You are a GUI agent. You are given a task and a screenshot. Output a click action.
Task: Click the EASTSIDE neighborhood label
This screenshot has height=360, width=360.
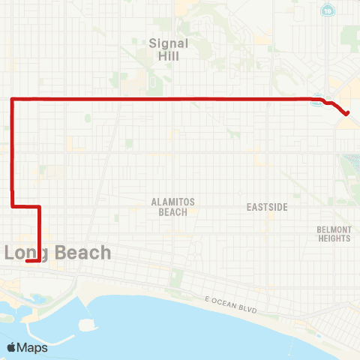(266, 207)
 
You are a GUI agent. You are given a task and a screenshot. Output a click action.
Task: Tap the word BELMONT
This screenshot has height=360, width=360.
(334, 229)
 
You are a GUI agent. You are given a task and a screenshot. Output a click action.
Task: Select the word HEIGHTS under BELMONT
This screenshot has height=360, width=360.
(334, 238)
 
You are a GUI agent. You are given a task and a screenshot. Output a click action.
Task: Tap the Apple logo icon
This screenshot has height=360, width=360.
(12, 347)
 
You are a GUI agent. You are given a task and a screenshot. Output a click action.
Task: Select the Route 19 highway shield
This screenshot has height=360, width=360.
(327, 10)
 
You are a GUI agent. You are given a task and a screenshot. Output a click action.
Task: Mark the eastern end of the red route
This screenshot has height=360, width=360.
(347, 114)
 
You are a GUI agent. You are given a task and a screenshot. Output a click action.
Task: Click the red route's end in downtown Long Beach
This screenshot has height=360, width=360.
(26, 261)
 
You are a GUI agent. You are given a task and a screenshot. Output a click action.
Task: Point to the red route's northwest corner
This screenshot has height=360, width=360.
(12, 99)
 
